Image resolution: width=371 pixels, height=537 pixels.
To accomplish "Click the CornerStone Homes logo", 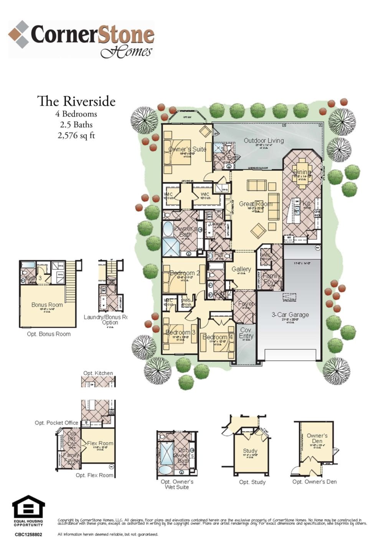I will coord(81,39).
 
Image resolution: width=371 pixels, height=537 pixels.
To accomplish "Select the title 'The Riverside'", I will coord(76,101).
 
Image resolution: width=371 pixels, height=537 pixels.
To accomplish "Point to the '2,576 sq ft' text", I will coord(76,135).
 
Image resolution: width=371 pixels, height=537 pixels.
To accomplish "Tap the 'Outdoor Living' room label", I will coord(264,140).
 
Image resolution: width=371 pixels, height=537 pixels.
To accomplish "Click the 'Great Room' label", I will coord(256,204).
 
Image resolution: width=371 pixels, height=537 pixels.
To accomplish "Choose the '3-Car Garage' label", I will coord(290,315).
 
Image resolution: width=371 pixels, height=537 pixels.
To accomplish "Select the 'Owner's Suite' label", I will coord(187,149).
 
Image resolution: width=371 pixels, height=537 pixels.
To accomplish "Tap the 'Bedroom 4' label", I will coord(218,337).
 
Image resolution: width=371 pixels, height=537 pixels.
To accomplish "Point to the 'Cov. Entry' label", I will coord(246,333).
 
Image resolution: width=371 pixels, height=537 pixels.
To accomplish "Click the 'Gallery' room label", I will coord(241,269).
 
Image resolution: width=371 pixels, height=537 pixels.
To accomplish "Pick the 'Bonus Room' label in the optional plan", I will coord(47,305).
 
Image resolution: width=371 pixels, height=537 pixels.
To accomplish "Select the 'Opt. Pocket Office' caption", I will coord(56,423).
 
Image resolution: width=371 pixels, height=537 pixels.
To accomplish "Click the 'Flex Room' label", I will coord(100,443).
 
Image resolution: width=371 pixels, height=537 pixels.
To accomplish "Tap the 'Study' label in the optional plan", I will coord(250,451).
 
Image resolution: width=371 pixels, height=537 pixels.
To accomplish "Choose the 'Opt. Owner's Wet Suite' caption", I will coord(177,484).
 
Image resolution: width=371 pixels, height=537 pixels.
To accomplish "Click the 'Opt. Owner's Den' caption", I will coord(314,482).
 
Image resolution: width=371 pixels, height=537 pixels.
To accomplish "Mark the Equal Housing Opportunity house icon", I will coord(28,507).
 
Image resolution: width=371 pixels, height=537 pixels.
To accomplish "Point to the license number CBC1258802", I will coord(28,534).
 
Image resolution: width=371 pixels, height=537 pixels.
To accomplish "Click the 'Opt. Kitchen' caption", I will coord(98,373).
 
